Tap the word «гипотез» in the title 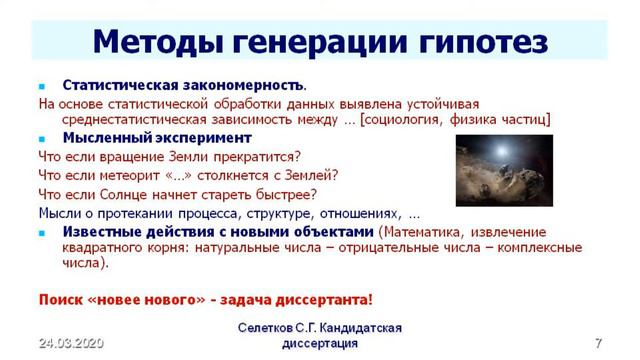pos(478,41)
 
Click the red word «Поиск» pos(60,299)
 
